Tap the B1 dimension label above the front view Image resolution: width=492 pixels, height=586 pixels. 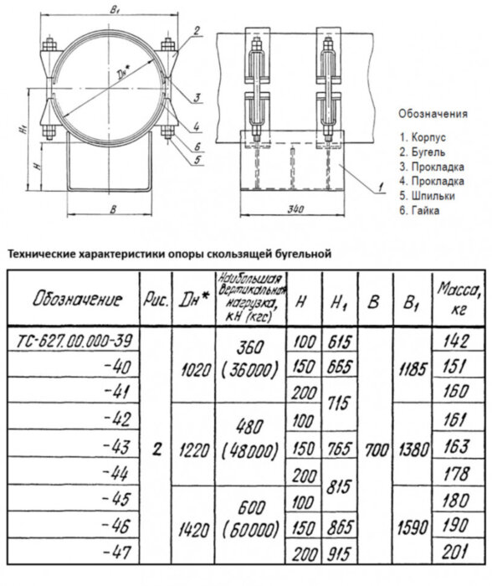[x=115, y=10]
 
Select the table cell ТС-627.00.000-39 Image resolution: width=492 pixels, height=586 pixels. [x=75, y=339]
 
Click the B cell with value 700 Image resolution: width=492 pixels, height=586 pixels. [x=374, y=448]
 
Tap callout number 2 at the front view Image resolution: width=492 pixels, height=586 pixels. [x=194, y=30]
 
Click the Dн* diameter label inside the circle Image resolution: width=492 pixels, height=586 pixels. [x=126, y=64]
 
